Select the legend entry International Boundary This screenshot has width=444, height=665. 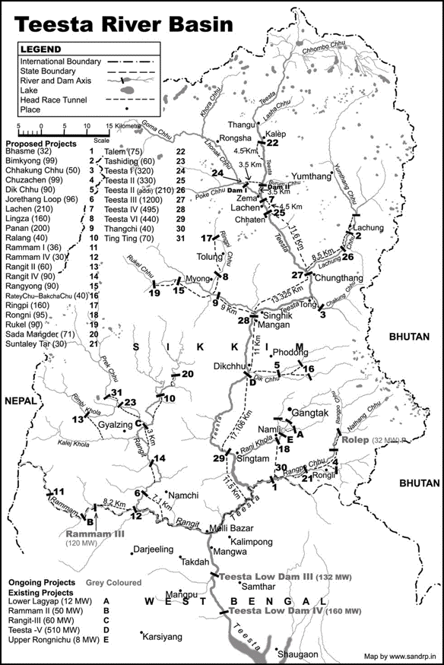tap(61, 60)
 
